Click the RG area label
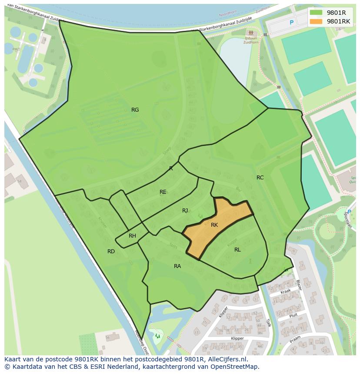tap(135, 110)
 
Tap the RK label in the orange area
tap(214, 225)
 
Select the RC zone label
tap(260, 178)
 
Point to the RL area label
tap(237, 250)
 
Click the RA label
tap(177, 266)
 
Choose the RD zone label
tap(111, 252)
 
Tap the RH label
tap(132, 236)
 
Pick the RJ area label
tap(185, 211)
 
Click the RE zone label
tap(163, 192)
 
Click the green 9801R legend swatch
tap(316, 13)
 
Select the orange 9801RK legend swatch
tap(316, 21)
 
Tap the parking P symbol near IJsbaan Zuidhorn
tap(292, 23)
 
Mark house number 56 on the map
tap(107, 338)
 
